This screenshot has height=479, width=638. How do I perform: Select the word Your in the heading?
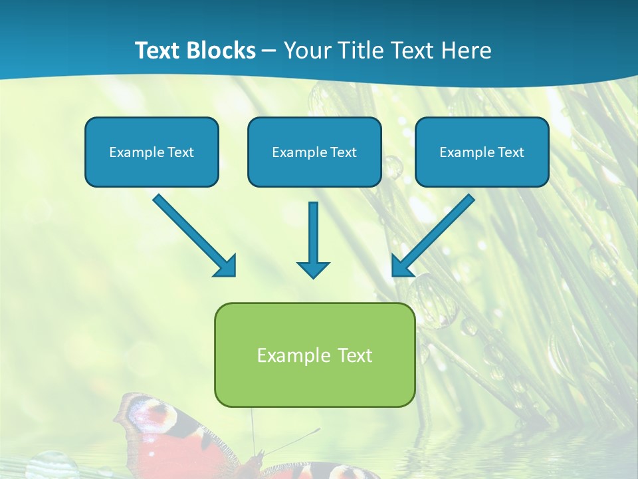click(303, 51)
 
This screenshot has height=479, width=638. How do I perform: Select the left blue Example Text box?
click(152, 152)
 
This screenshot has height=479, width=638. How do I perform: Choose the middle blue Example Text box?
click(314, 152)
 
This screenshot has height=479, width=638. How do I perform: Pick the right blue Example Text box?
click(482, 152)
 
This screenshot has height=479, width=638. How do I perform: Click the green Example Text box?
click(314, 355)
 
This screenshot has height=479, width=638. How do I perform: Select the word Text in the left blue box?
click(181, 152)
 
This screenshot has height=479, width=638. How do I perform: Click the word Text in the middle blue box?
click(344, 152)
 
